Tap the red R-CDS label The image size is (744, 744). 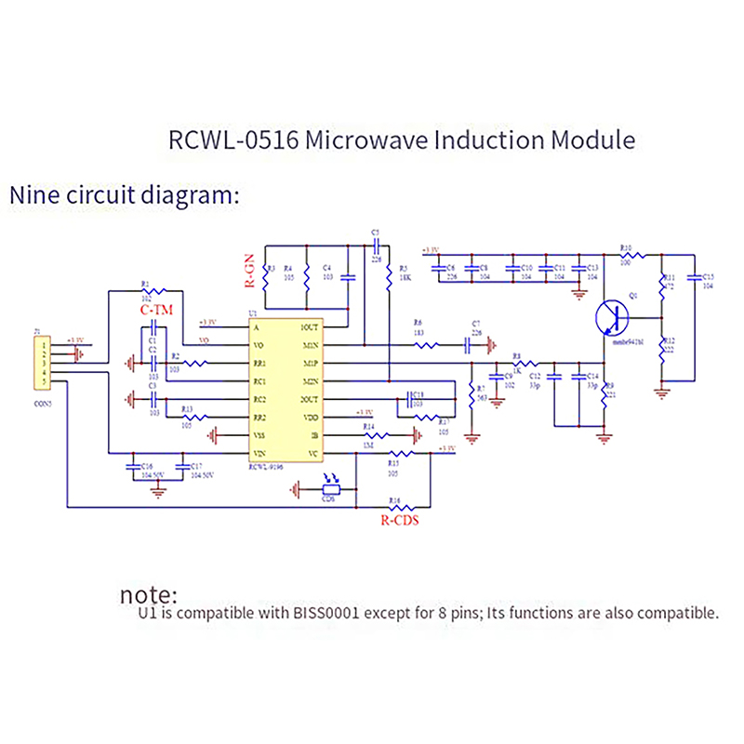pos(399,521)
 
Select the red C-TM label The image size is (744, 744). pos(153,309)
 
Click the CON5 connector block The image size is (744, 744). pos(42,363)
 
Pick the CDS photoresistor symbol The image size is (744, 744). pos(329,488)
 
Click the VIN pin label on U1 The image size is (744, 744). pos(262,453)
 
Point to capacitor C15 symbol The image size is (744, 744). pos(693,278)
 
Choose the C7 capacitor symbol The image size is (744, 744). pos(469,344)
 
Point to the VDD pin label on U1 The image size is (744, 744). pos(311,417)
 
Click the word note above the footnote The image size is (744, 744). pos(149,594)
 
